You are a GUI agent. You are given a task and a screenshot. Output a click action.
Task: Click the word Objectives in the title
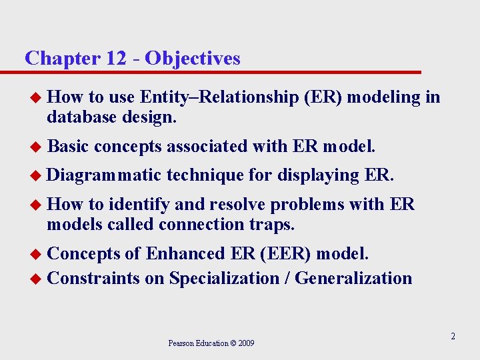193,59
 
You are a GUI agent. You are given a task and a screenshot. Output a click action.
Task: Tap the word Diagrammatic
105,175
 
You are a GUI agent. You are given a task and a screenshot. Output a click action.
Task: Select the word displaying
318,175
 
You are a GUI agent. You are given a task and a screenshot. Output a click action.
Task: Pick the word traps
272,225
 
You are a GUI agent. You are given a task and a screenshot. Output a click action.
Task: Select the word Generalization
353,278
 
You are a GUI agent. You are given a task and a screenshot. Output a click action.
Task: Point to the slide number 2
453,337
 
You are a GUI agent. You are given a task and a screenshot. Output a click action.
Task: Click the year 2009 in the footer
245,343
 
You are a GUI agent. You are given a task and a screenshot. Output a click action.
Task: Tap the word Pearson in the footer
182,343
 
